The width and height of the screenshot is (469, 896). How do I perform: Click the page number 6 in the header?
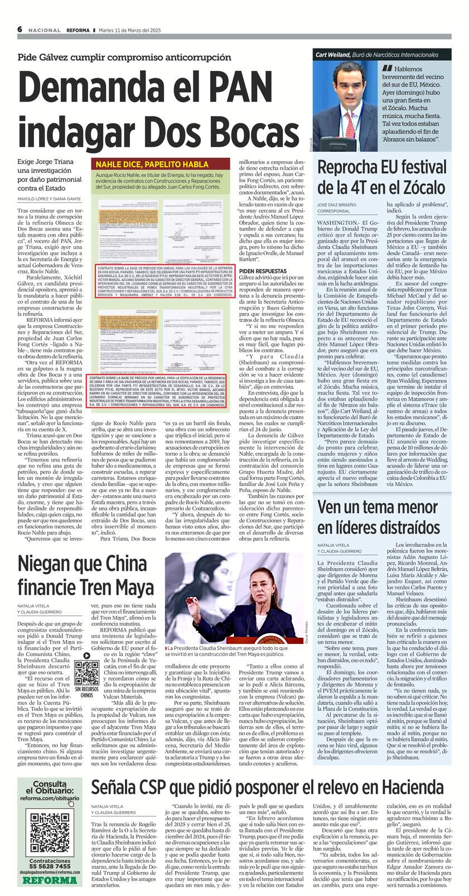(20, 29)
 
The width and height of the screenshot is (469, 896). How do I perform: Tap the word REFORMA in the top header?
(78, 30)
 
